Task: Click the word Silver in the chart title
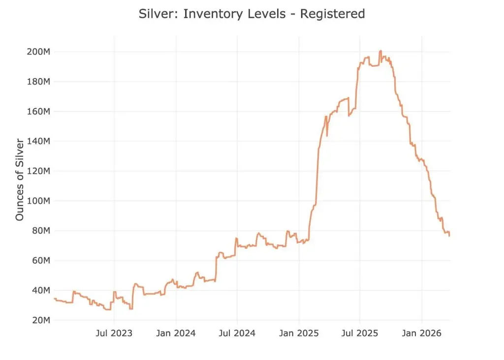(158, 14)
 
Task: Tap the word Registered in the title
(332, 14)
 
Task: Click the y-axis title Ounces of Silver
(20, 180)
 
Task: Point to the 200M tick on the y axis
(38, 52)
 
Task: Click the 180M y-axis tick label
(38, 82)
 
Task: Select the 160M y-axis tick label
(38, 112)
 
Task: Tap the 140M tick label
(38, 141)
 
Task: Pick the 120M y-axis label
(38, 171)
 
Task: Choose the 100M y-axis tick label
(38, 201)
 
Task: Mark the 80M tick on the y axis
(41, 231)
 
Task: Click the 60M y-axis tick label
(41, 261)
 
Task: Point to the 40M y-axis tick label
(41, 290)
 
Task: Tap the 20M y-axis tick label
(41, 320)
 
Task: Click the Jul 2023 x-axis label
(114, 333)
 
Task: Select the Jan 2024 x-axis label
(176, 333)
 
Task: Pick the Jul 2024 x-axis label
(237, 333)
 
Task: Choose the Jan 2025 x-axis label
(299, 333)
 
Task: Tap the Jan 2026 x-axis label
(422, 333)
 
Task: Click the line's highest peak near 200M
(380, 51)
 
